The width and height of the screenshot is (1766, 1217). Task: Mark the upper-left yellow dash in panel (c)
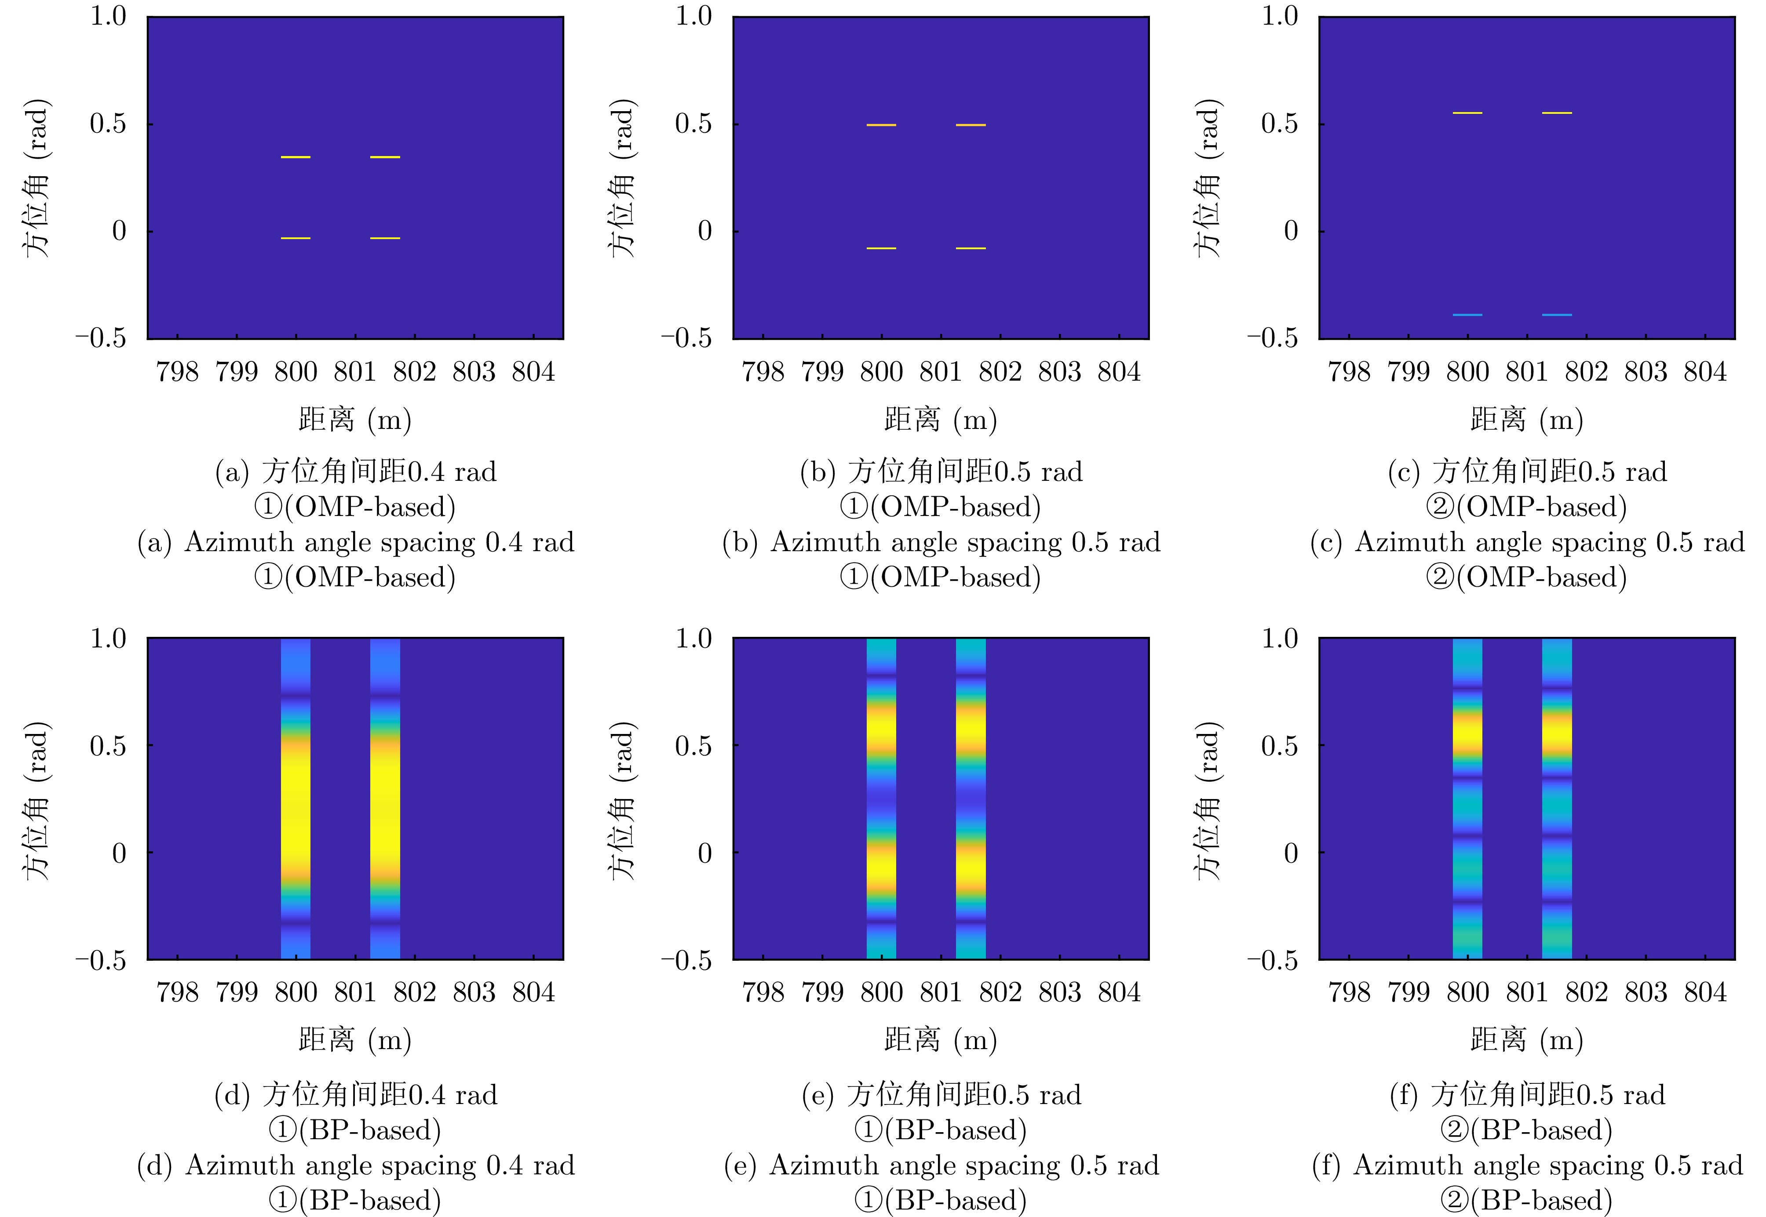coord(1467,113)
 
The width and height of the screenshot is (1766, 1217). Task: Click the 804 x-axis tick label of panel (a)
coord(533,372)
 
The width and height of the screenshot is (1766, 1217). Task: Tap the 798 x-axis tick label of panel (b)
coord(763,372)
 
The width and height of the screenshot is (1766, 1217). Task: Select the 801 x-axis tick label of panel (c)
coord(1526,372)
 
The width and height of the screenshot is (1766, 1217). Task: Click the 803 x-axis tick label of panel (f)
coord(1646,993)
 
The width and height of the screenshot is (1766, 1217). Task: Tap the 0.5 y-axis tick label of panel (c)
coord(1279,124)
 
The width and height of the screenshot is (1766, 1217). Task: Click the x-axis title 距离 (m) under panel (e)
coord(941,1040)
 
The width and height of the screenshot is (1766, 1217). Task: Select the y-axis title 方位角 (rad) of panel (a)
coord(36,178)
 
